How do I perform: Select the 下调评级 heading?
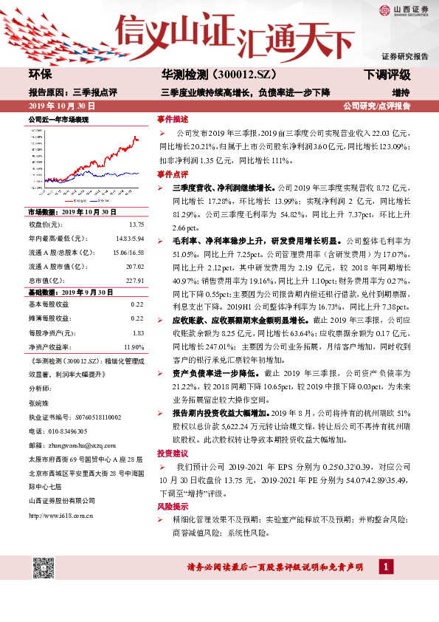[386, 75]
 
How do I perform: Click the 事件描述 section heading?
[172, 118]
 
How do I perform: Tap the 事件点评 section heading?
[172, 175]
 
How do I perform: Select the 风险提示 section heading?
[172, 508]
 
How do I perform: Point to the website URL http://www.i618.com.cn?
[61, 516]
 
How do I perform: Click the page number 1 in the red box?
[385, 567]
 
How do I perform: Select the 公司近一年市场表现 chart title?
[58, 119]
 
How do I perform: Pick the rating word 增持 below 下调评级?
[401, 92]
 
